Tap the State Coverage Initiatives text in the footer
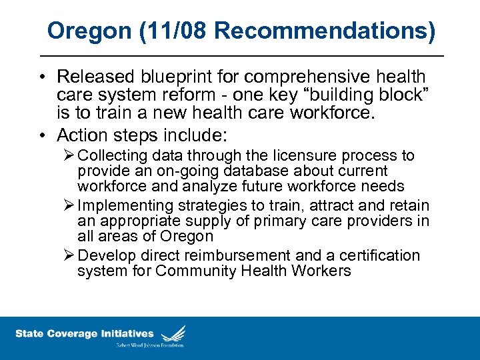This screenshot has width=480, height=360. (85, 333)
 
